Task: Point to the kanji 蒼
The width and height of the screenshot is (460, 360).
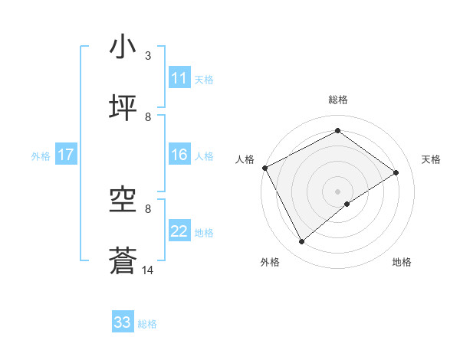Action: point(123,261)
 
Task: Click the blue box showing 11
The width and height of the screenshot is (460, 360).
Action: point(179,78)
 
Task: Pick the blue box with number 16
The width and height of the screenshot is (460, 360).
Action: point(179,155)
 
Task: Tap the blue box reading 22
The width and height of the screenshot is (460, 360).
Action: point(179,231)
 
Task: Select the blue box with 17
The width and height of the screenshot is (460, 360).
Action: point(66,155)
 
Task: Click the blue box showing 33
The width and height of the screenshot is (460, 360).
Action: point(123,322)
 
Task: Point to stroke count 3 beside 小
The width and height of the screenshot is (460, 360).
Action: point(148,56)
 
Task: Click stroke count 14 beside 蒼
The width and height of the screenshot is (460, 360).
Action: point(148,270)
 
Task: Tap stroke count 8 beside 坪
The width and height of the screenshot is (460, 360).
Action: point(148,117)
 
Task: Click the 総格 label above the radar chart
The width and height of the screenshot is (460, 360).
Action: point(337,100)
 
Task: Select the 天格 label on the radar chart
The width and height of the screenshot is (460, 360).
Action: point(431,159)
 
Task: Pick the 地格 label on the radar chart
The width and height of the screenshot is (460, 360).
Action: point(402,262)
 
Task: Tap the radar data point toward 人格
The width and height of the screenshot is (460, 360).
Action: point(264,168)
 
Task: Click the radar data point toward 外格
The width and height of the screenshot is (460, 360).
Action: point(302,242)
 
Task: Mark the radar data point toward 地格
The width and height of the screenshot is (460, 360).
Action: point(347,204)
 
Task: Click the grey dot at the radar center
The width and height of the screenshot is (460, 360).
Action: point(337,191)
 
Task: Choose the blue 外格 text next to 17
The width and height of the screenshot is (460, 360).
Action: point(41,155)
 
